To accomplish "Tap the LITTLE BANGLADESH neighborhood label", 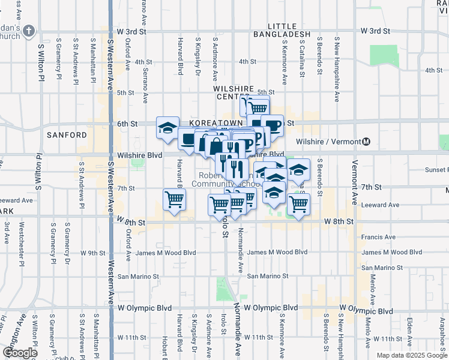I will click(x=289, y=31).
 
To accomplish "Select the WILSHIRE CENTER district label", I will click(x=232, y=92).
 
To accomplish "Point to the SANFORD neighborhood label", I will click(x=67, y=135).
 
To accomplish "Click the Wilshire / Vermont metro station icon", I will click(x=366, y=142).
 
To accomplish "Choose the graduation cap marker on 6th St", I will click(x=167, y=127).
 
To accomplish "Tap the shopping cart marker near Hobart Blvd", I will click(x=174, y=199).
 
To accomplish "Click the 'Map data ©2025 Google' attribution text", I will click(x=411, y=355).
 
